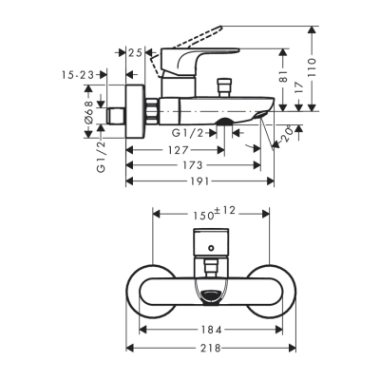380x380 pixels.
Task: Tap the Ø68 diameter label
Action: coord(87,115)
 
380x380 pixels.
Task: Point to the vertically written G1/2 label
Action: coord(100,153)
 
